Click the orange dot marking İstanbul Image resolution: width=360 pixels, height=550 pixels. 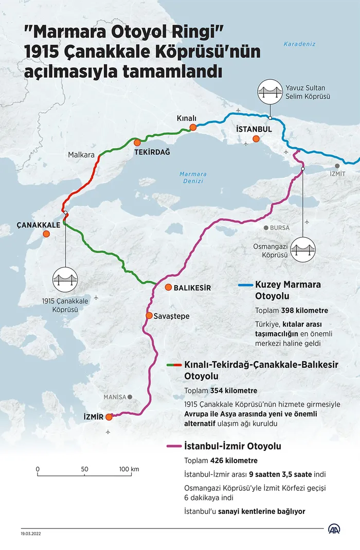click(x=256, y=138)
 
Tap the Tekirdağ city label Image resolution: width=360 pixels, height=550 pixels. click(x=152, y=153)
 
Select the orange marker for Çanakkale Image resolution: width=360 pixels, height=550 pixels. click(x=46, y=234)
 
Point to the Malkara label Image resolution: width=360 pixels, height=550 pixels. click(x=81, y=154)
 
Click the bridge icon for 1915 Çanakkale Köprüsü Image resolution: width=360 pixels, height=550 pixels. click(x=65, y=280)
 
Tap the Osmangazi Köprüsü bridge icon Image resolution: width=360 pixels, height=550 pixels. click(x=303, y=250)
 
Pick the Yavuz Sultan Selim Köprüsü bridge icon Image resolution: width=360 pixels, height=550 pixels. click(x=270, y=92)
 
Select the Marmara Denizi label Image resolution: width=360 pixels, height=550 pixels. click(x=193, y=178)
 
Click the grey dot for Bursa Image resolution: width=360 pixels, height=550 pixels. click(x=265, y=227)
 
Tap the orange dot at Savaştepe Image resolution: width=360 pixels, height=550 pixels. click(x=149, y=315)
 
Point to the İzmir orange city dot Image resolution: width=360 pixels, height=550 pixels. click(x=109, y=417)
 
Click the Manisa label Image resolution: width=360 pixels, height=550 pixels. click(x=114, y=397)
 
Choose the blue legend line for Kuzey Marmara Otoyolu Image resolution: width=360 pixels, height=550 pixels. click(x=246, y=284)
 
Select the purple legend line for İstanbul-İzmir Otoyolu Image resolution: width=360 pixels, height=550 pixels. click(x=174, y=446)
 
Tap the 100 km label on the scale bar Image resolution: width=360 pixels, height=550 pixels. click(x=129, y=469)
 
